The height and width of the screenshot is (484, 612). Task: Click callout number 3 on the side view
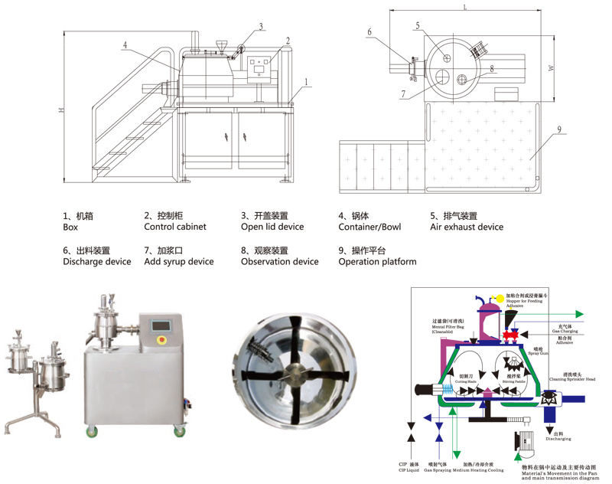(x=261, y=27)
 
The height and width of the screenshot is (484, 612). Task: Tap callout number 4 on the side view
(x=124, y=45)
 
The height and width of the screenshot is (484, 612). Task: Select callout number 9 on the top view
(x=560, y=130)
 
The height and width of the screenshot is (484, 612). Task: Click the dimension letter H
(x=62, y=111)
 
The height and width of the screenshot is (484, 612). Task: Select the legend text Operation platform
(x=378, y=262)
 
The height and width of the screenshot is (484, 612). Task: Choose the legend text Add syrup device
(x=179, y=262)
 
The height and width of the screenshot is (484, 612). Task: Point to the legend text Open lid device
(x=272, y=227)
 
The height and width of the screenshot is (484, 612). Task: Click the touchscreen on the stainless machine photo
(x=161, y=323)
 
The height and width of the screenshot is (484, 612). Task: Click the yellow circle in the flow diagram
(x=500, y=297)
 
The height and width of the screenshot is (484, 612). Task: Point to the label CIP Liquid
(x=409, y=469)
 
